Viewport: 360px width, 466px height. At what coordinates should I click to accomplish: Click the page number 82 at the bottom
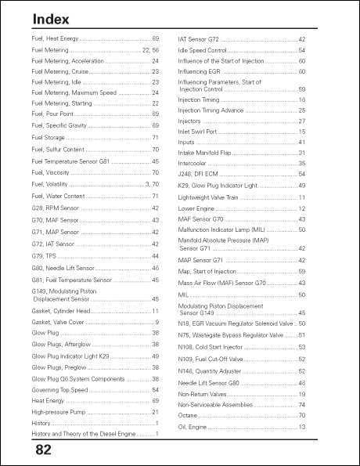click(x=43, y=451)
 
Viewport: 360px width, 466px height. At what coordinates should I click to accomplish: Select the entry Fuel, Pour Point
click(x=53, y=114)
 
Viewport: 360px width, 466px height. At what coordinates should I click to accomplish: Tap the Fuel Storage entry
click(x=49, y=138)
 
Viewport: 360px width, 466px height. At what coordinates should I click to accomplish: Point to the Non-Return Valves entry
click(x=203, y=394)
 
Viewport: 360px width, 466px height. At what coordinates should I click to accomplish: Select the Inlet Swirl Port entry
click(x=199, y=132)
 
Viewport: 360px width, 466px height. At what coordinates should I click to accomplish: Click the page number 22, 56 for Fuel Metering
click(x=150, y=49)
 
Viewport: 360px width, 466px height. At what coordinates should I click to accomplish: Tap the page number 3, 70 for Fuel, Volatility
click(x=153, y=184)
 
